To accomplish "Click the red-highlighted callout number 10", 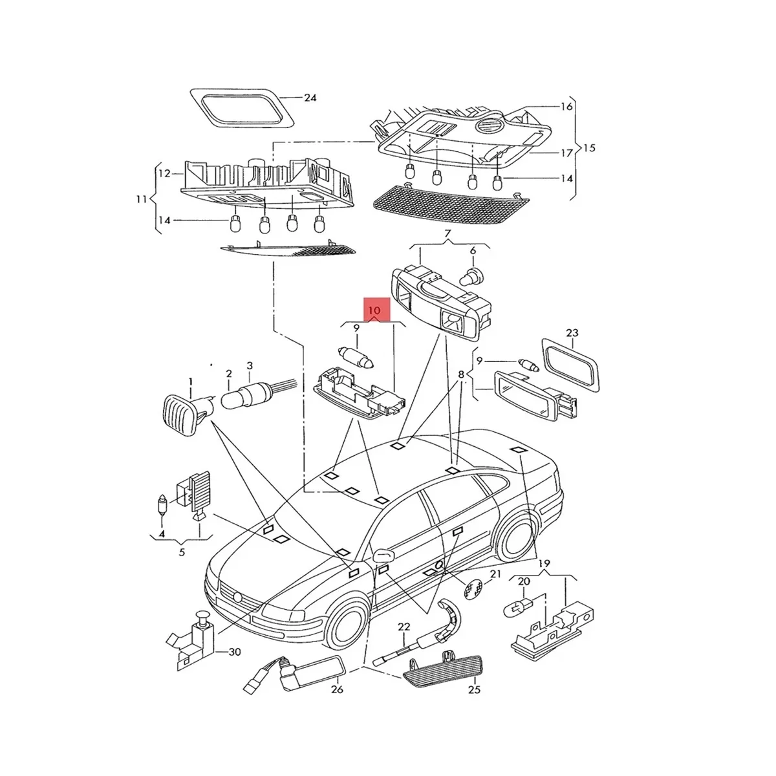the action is point(374,310).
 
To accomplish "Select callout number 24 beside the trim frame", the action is point(310,98).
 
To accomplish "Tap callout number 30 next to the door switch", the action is point(234,663).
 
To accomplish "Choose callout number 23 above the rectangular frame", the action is point(572,333).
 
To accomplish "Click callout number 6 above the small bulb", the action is point(473,250).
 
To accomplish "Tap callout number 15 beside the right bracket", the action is point(588,148).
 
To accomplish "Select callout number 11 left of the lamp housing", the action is point(142,199).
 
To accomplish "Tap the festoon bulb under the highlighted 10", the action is point(357,357).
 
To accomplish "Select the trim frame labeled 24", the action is point(242,109).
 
